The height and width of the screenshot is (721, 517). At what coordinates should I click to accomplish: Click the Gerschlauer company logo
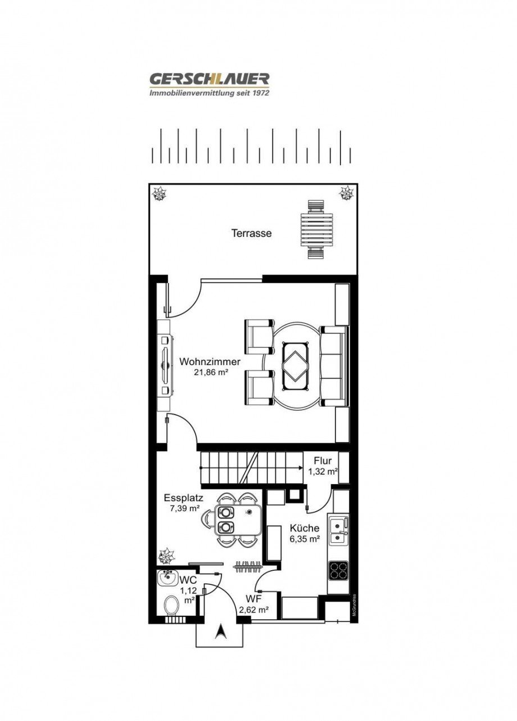tap(209, 84)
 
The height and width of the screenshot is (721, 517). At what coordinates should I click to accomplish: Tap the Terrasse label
tap(251, 233)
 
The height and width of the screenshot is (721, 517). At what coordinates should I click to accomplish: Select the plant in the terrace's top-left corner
tap(160, 194)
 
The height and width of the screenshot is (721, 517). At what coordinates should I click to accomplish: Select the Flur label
tap(323, 461)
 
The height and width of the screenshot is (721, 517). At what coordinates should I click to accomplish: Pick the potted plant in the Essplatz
tap(166, 557)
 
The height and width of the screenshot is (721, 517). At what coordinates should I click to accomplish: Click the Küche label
tap(305, 528)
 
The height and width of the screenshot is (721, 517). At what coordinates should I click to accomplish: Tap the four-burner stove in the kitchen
tap(338, 570)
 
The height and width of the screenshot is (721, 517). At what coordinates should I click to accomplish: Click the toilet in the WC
tap(171, 605)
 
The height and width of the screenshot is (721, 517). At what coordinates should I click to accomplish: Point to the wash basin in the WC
tap(166, 578)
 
